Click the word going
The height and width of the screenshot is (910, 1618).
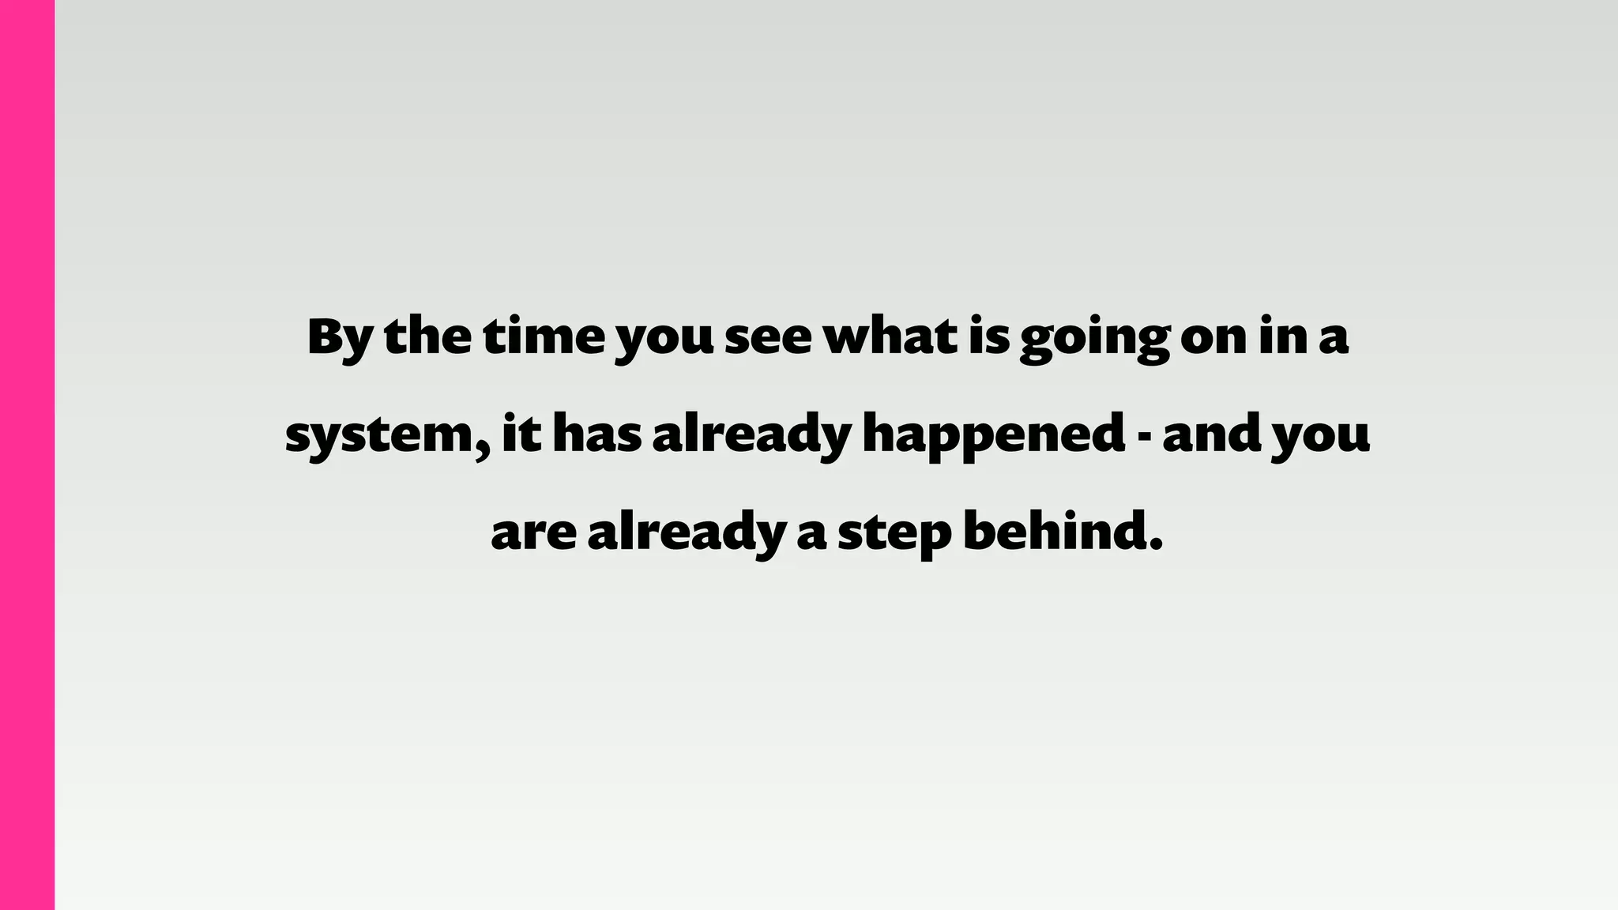click(x=1093, y=340)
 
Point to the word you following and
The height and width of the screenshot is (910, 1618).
click(x=1320, y=438)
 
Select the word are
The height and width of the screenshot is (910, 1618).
click(x=533, y=535)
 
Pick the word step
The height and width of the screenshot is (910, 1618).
click(x=894, y=535)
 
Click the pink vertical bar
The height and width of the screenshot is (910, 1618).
click(x=27, y=455)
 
